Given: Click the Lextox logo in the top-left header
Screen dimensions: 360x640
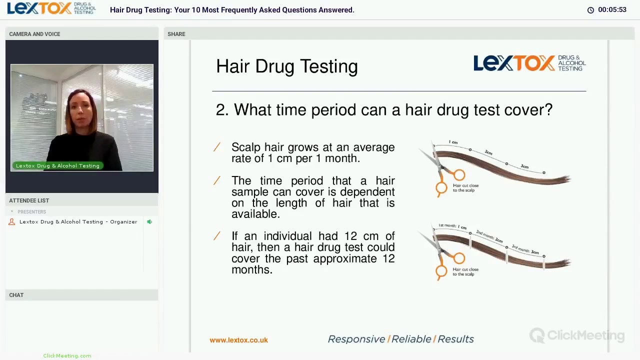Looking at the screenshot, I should point(51,8).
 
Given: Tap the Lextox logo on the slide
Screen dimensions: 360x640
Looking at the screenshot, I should point(529,63).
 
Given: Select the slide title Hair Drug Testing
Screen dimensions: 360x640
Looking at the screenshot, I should point(286,66).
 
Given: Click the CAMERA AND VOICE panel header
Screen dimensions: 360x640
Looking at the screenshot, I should point(34,34).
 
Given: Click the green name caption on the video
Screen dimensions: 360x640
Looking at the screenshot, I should point(57,165).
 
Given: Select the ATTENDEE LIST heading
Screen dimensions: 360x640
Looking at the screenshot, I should point(29,200).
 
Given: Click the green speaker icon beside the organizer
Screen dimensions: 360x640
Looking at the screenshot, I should point(149,222).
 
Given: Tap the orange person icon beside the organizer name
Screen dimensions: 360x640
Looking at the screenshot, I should point(12,222).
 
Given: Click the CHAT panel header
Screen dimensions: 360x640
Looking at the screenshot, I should point(16,295).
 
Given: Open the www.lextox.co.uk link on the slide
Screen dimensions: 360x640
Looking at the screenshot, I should point(238,340).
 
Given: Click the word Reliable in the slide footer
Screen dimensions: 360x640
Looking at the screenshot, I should point(411,339).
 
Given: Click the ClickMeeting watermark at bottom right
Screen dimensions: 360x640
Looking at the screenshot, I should point(577,335).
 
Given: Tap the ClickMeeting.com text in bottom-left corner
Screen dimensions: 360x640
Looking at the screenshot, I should point(67,355).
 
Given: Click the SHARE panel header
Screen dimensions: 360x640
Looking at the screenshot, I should point(176,34).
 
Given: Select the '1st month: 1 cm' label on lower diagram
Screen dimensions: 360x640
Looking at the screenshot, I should point(452,226).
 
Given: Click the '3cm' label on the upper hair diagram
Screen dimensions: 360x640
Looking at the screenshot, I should point(524,166).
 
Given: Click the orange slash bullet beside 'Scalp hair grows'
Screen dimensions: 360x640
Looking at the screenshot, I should point(217,147).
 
